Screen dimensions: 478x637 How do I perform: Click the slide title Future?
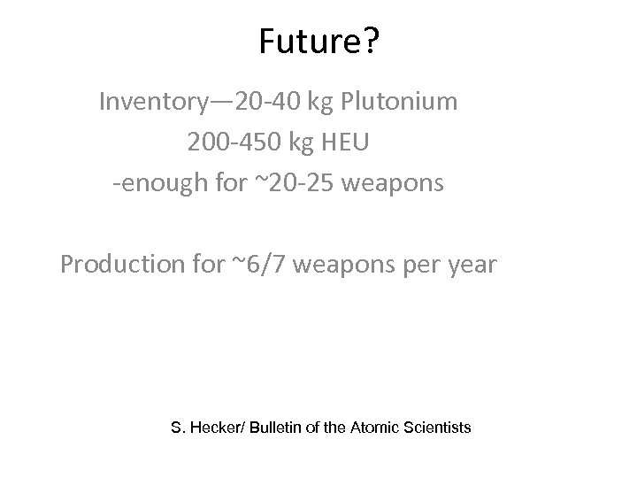click(x=318, y=42)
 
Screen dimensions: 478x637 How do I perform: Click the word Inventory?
click(x=152, y=102)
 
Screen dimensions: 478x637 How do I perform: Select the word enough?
click(x=158, y=185)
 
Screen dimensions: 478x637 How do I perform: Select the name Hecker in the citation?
click(x=218, y=428)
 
